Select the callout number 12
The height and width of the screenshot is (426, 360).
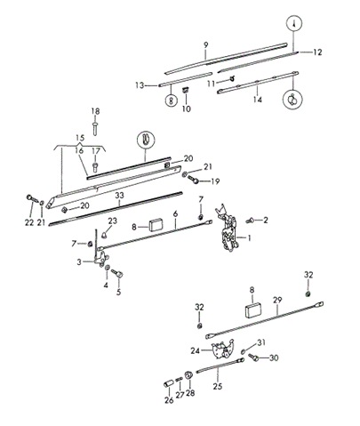click(x=318, y=52)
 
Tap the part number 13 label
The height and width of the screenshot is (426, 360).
click(x=140, y=84)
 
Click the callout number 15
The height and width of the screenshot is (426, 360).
click(x=81, y=138)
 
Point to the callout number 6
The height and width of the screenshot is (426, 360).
click(x=176, y=214)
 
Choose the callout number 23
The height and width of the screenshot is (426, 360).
click(x=113, y=221)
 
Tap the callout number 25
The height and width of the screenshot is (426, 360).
click(x=218, y=388)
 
